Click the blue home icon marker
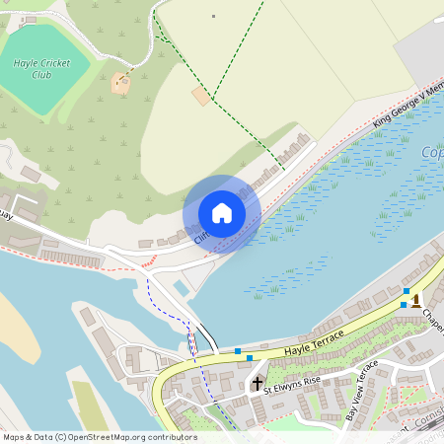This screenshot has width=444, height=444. coord(222,213)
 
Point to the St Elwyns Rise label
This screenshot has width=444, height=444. coord(292,383)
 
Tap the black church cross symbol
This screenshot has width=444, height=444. coord(258,383)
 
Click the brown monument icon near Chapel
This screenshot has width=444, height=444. coord(415,298)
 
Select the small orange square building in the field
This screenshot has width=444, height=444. coord(200,96)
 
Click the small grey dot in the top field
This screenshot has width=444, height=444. coord(213,16)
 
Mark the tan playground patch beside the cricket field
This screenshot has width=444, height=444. coord(121,84)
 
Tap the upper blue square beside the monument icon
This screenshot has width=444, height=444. coord(406,291)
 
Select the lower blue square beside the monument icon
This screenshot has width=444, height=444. coord(402,305)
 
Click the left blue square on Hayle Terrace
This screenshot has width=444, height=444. coord(238,350)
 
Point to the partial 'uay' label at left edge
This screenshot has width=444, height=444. coord(5,212)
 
